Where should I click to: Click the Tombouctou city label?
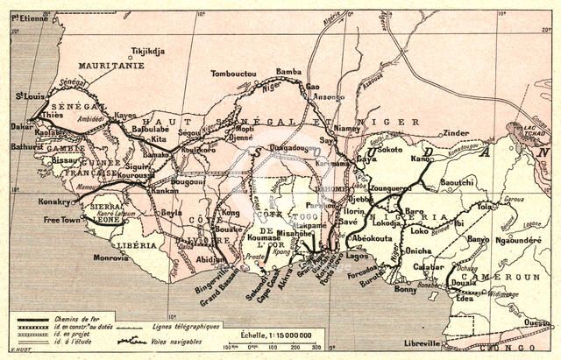234,75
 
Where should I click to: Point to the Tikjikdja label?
146,51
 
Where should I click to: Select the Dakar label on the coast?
20,126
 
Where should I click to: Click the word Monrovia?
112,258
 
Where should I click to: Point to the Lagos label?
358,256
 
